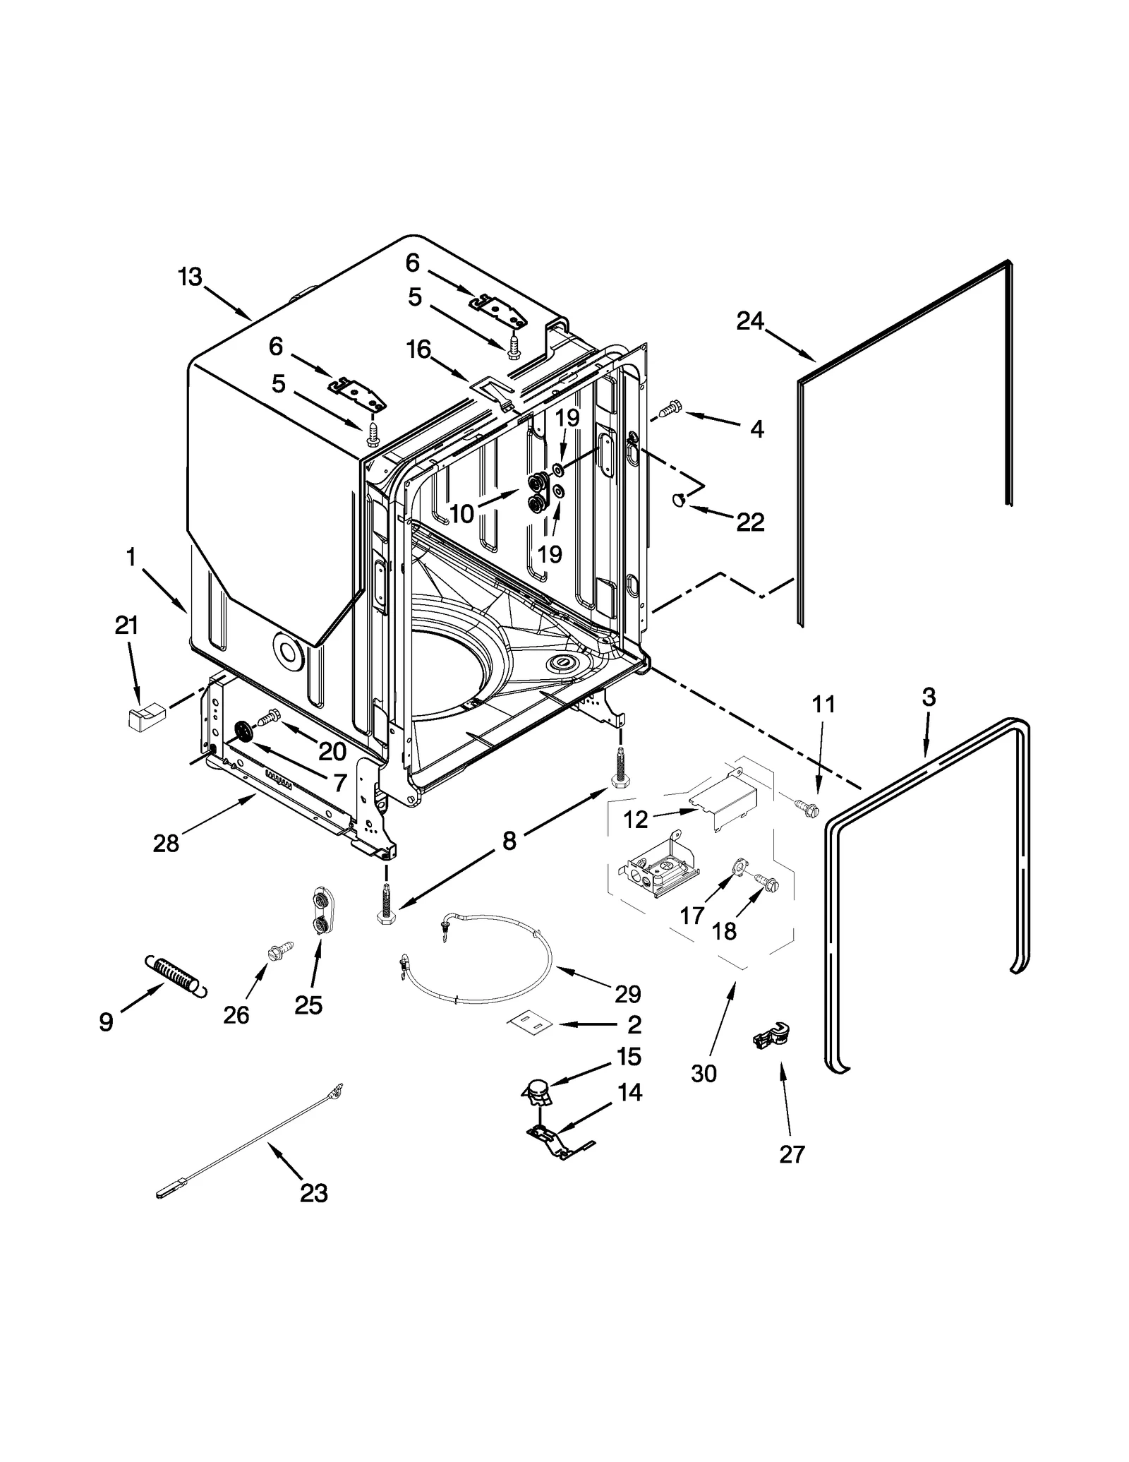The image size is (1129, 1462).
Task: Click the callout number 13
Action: [189, 277]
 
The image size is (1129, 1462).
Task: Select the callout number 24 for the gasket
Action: [750, 321]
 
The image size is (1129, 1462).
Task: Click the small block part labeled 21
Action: [144, 717]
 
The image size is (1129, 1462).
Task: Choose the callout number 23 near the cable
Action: [314, 1193]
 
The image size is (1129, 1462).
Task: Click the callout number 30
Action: [704, 1073]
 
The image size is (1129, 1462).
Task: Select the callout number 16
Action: [418, 349]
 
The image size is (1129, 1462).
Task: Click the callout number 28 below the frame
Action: [166, 842]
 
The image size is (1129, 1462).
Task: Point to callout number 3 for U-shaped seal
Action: [929, 697]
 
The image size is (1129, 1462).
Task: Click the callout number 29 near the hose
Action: [627, 993]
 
